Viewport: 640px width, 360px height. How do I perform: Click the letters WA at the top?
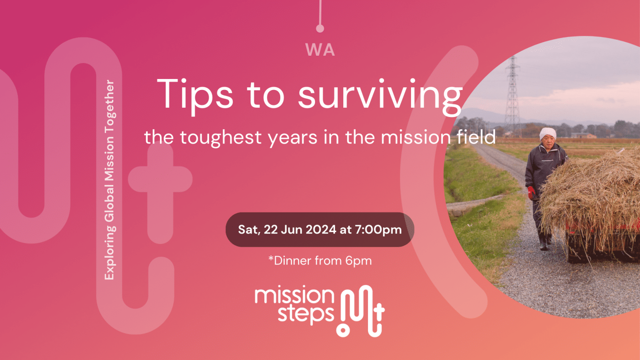[320, 50]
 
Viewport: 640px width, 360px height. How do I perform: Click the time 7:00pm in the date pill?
[379, 229]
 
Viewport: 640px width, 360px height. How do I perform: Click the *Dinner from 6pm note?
[320, 261]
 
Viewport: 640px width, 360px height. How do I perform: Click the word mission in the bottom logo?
[294, 296]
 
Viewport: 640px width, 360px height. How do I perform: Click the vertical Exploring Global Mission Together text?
[110, 180]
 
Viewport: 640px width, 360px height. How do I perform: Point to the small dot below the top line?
[320, 29]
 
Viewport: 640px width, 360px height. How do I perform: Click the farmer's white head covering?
[547, 134]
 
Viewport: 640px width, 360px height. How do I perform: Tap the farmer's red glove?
[532, 192]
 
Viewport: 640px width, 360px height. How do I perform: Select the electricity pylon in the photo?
[512, 94]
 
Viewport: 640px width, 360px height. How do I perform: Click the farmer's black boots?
[544, 242]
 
